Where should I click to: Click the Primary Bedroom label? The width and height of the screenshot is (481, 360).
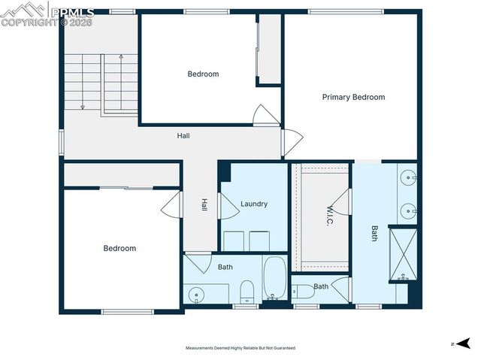pos(353,97)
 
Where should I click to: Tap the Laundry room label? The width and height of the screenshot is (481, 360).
pos(253,204)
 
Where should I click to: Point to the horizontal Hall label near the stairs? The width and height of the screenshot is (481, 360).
pos(183,136)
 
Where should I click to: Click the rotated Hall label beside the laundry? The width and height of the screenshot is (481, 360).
pos(204,204)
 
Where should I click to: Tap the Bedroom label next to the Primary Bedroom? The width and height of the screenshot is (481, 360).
pos(203,74)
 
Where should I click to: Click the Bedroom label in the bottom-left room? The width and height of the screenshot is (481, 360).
pos(119,248)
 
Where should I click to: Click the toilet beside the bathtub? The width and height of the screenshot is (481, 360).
pos(247,291)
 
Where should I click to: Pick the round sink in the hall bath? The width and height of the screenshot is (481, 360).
pos(197,295)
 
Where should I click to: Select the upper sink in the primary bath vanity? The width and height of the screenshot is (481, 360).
pos(410,179)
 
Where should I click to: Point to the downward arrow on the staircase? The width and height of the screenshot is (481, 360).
pos(81,105)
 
